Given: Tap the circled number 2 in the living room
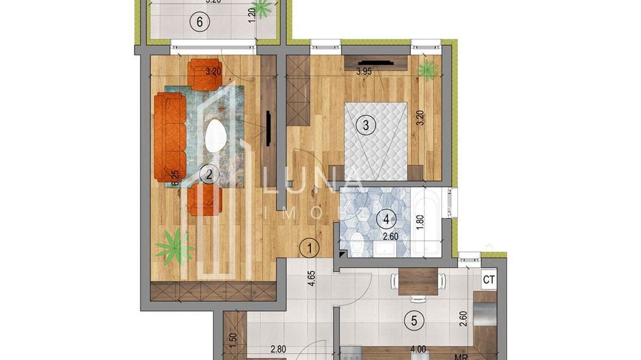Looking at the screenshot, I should click(x=209, y=175).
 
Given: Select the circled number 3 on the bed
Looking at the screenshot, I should click(x=366, y=125).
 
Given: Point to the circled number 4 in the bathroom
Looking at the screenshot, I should click(x=387, y=220).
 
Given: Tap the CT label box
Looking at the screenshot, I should click(x=489, y=279).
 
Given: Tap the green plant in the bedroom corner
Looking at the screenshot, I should click(x=428, y=68).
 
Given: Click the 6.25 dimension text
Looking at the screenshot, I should click(x=175, y=179).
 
